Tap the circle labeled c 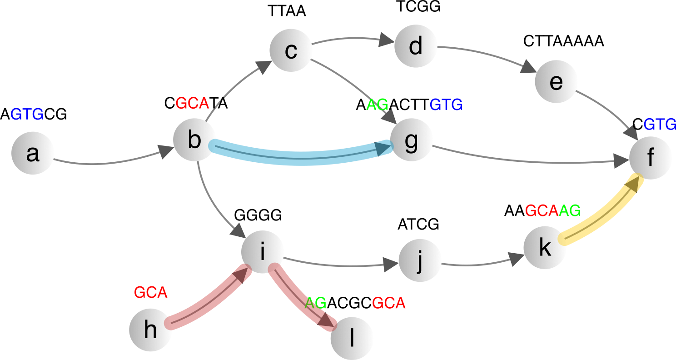coord(290,50)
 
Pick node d coord(416,46)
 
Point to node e coord(556,82)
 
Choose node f coord(650,158)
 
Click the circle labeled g coord(411,141)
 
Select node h coord(150,330)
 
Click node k coord(545,248)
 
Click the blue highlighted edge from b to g coord(300,156)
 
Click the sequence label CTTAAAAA coord(564,41)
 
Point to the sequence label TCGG coord(418,7)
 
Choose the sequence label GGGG coord(258,215)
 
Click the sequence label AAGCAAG coord(542,210)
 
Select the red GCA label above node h coord(151,293)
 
